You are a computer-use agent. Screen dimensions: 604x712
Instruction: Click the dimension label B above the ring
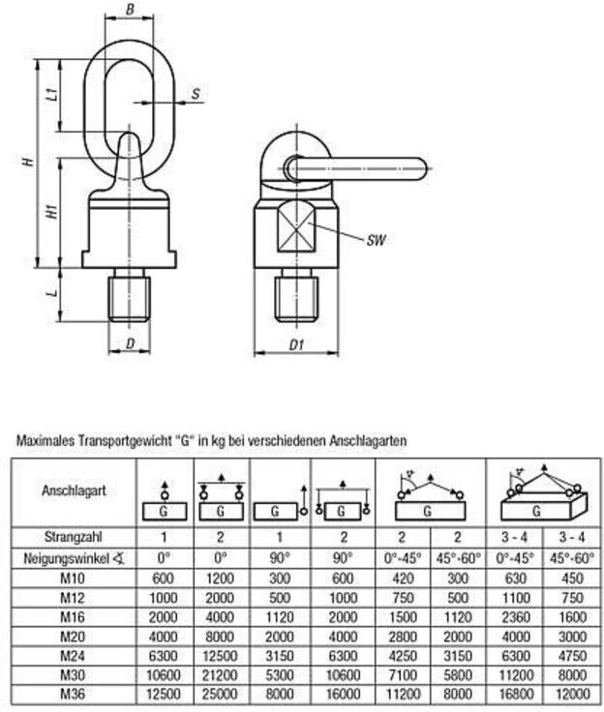point(130,9)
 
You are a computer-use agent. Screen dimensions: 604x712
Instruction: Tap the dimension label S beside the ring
point(196,94)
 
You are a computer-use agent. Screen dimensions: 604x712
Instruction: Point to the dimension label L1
point(52,95)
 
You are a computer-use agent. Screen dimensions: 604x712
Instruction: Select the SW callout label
point(377,240)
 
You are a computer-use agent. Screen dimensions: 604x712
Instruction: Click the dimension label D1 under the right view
point(296,345)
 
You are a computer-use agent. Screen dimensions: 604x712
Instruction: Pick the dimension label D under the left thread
point(130,343)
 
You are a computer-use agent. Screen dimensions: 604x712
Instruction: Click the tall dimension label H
point(29,162)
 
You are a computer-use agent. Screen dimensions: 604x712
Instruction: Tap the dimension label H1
point(52,211)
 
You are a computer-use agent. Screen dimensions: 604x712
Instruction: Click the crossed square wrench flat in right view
point(296,225)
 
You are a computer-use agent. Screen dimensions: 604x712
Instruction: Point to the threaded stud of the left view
point(130,295)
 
